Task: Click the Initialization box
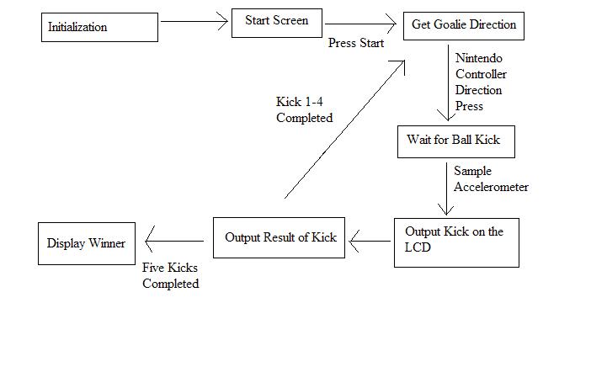(99, 27)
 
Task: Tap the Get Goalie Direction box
(463, 25)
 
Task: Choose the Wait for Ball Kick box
(455, 141)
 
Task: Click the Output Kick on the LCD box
(455, 242)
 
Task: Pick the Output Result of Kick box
(279, 237)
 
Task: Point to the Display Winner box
(86, 244)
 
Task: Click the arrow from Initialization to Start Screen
(194, 23)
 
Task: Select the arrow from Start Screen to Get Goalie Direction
(362, 24)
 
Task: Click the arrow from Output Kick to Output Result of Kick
(370, 242)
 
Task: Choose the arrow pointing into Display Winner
(177, 242)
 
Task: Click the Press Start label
(355, 43)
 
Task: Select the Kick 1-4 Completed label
(304, 110)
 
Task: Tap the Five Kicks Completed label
(170, 276)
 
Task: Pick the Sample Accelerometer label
(491, 178)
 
